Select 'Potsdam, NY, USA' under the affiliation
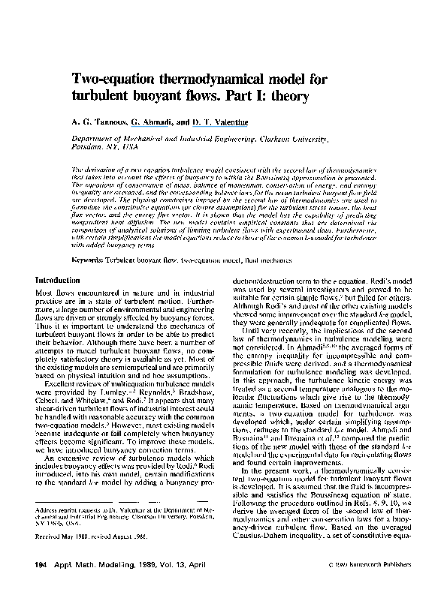[x=104, y=147]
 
